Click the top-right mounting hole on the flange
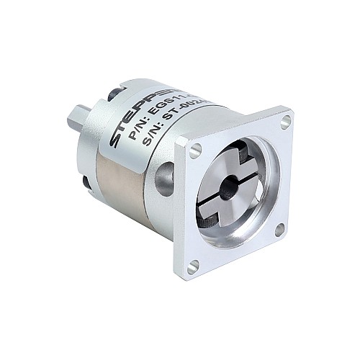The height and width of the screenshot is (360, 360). [x=285, y=120]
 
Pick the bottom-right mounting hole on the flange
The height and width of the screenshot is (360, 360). [x=279, y=229]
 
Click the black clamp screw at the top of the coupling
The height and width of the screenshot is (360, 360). [x=238, y=154]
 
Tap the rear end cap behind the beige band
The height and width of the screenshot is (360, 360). [x=97, y=144]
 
